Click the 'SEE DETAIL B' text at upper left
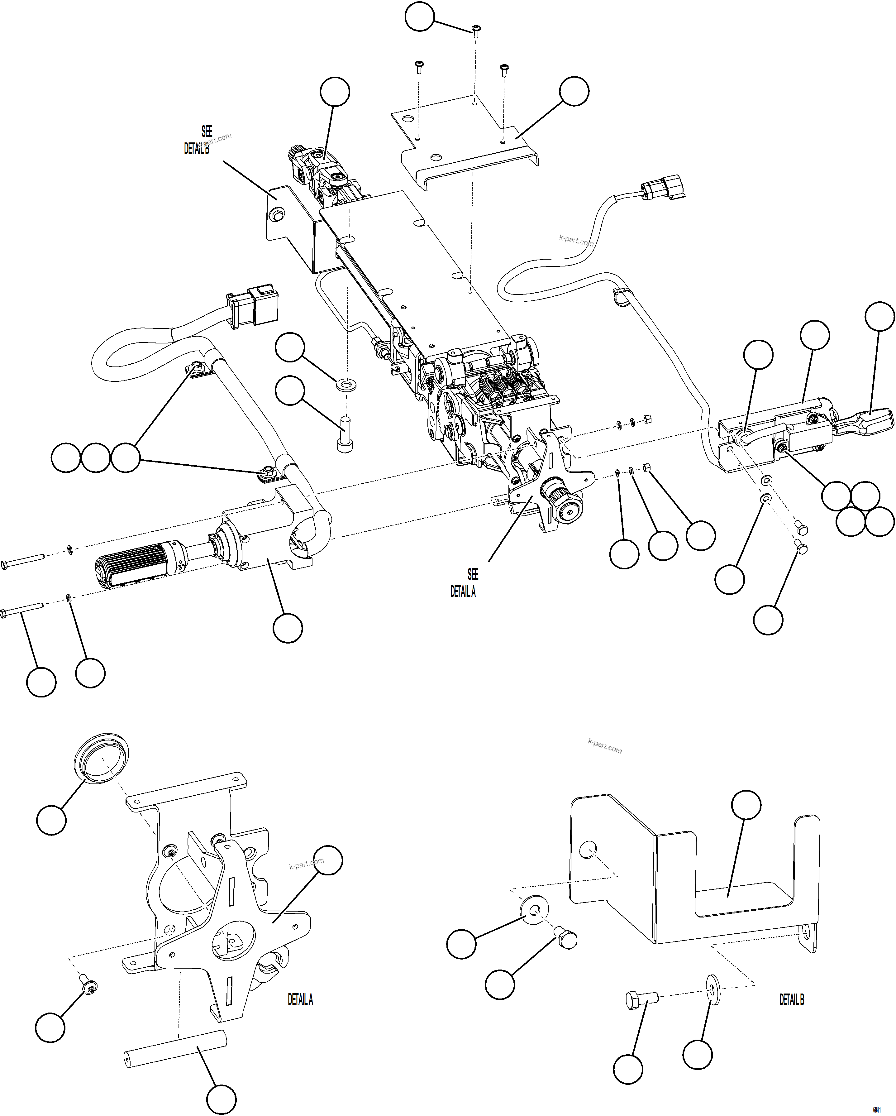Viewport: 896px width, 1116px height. click(199, 140)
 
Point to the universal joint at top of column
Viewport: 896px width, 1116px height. click(323, 171)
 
